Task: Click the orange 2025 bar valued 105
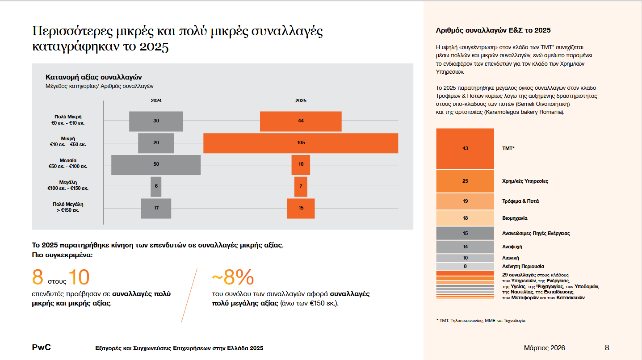point(301,143)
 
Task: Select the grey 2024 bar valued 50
point(156,164)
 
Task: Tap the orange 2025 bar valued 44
point(301,121)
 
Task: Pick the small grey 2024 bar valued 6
point(156,186)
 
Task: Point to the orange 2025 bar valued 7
point(301,186)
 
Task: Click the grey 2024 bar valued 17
point(156,208)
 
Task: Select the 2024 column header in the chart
point(156,100)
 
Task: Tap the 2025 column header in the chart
point(301,100)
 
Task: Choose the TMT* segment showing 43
point(465,148)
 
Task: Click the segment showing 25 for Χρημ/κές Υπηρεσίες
point(465,181)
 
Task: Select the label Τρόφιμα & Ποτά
point(520,201)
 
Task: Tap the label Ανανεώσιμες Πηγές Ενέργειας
point(536,233)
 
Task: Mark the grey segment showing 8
point(465,266)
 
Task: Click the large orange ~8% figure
point(232,278)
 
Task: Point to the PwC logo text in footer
point(41,347)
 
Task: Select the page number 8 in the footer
point(607,347)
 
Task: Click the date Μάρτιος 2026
point(544,347)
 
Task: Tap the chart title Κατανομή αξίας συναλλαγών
point(94,77)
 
